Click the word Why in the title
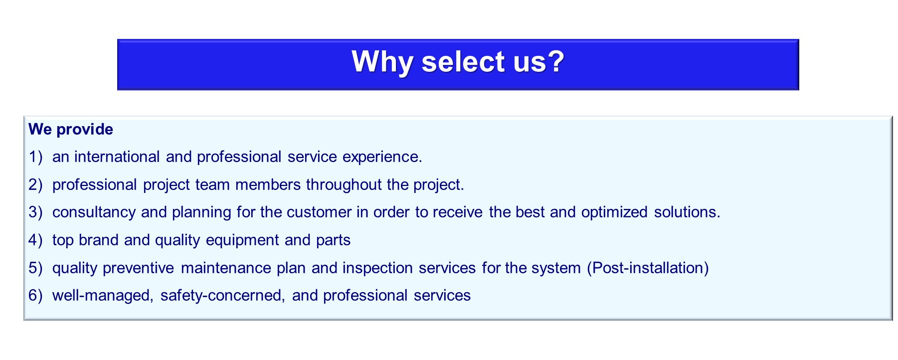click(x=382, y=62)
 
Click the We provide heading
click(x=71, y=130)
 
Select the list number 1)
click(x=35, y=157)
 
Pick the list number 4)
click(x=35, y=240)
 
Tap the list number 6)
click(x=35, y=296)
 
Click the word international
click(x=117, y=157)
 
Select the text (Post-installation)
click(x=648, y=268)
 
